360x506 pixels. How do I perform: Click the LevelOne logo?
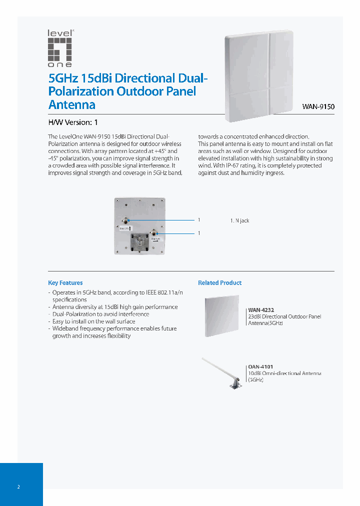(60, 48)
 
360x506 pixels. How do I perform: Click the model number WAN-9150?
(318, 106)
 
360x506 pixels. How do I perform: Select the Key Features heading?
(65, 283)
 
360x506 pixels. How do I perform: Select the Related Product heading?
(219, 283)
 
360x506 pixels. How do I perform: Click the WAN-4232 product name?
(261, 310)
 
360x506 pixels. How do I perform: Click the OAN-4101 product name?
(260, 366)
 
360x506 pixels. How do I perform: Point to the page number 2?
(18, 487)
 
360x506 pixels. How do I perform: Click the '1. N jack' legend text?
(239, 220)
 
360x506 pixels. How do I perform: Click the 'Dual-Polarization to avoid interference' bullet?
(100, 314)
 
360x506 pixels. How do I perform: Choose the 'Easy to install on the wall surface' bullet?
(93, 321)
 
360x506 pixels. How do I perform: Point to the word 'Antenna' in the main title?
(71, 105)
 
